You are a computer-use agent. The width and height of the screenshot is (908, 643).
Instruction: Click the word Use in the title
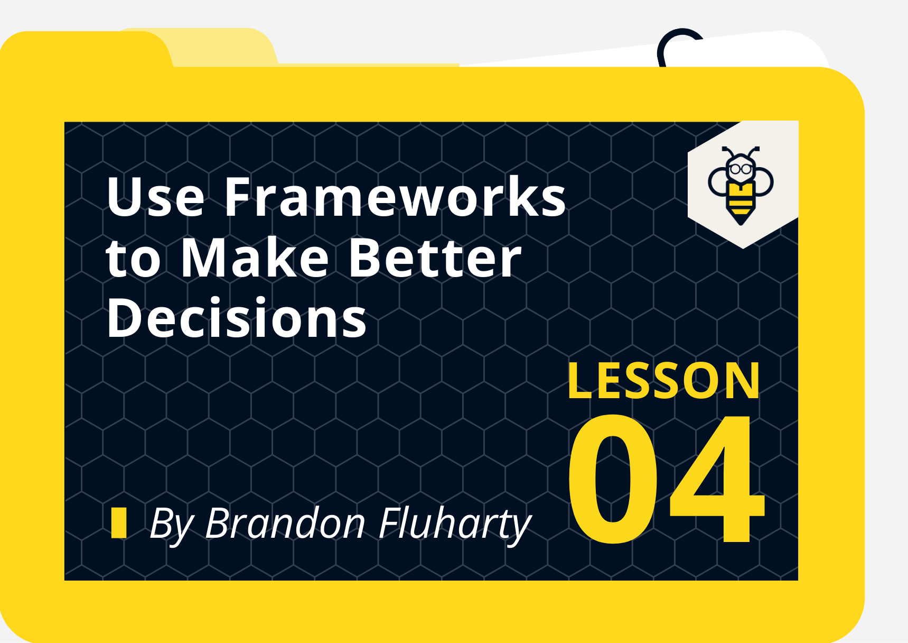coord(155,197)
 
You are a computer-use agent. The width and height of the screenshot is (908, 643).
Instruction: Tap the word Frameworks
coord(395,197)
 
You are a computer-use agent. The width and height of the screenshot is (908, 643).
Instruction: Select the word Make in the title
coord(255,259)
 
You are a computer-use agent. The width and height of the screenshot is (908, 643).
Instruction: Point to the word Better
coord(435,259)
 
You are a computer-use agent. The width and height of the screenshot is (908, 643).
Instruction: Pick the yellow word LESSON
coord(663,381)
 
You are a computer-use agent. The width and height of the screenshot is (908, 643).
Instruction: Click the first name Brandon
coord(285,523)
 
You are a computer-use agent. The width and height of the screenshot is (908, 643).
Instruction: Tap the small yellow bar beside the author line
coord(119,522)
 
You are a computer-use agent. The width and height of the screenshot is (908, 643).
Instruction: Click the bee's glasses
coord(741,170)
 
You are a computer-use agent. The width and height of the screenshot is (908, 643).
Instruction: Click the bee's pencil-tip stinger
coord(741,218)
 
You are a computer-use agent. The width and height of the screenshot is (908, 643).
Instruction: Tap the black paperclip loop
coord(679,42)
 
